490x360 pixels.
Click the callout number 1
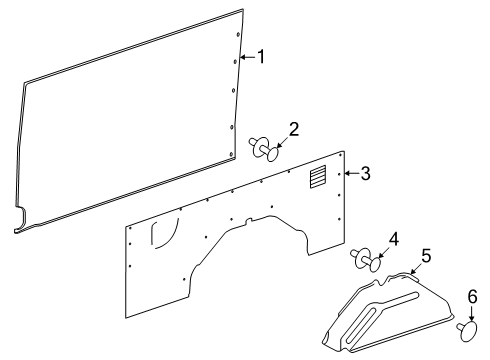pos(262,57)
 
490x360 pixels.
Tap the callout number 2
pos(294,129)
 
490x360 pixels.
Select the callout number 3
pos(365,173)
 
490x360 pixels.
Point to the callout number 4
pos(394,239)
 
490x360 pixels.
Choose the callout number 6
pos(473,297)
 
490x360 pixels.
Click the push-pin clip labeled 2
pos(265,150)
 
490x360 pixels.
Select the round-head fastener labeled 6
pos(467,328)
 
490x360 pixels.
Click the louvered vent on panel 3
pos(317,178)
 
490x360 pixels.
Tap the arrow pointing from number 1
pos(249,58)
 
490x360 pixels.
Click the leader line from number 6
pos(471,312)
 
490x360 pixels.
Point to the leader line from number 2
pos(283,141)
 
